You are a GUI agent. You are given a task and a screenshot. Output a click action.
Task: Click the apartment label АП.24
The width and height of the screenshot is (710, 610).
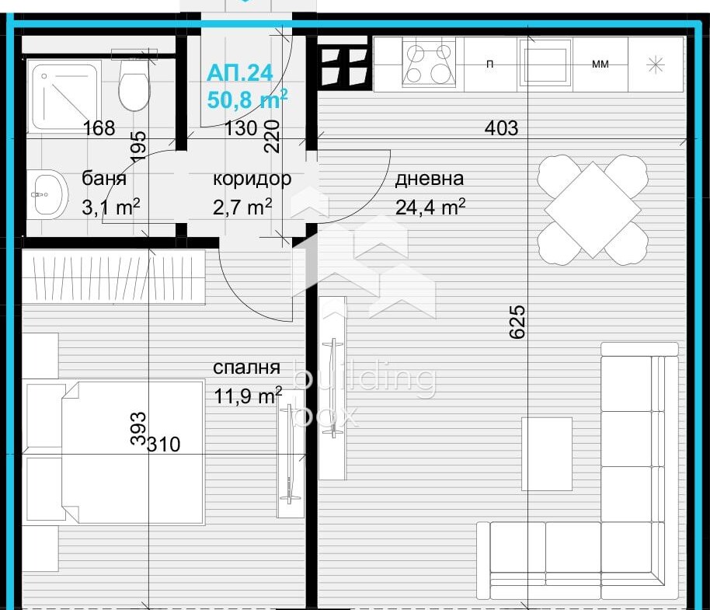240,72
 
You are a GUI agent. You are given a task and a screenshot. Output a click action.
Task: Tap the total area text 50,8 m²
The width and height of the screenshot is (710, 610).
247,99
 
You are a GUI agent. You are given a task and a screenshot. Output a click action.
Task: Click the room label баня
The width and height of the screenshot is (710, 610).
103,178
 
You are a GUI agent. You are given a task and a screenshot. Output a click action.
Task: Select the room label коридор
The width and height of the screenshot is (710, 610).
252,180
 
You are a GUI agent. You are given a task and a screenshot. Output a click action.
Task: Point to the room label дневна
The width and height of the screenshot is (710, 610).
430,179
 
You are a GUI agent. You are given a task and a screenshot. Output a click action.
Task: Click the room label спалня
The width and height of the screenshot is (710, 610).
246,368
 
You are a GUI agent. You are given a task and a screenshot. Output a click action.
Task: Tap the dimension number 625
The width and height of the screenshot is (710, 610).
517,322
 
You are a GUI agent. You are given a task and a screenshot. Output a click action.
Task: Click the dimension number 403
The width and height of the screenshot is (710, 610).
501,128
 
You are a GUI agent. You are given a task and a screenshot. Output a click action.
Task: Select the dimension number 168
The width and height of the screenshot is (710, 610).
99,128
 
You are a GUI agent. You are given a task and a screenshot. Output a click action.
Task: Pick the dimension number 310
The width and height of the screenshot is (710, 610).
164,444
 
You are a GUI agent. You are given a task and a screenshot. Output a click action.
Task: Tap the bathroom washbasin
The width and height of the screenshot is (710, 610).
47,195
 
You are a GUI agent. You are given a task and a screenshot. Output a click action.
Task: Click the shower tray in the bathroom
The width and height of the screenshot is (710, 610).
64,95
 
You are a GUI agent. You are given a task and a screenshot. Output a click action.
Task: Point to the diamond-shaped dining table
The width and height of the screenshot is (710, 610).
593,210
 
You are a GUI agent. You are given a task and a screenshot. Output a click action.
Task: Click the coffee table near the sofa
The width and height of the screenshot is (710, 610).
547,454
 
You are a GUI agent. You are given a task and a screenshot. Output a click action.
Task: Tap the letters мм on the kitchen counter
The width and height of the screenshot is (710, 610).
600,64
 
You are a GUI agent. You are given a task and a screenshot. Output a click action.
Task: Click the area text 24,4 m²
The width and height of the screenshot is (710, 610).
430,207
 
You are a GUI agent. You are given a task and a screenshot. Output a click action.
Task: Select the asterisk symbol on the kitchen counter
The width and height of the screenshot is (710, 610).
655,65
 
